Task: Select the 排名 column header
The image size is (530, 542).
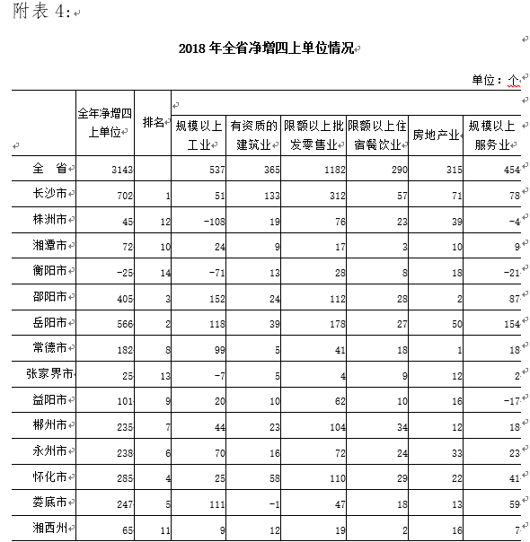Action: click(155, 122)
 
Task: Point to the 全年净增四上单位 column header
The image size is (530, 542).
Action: click(104, 123)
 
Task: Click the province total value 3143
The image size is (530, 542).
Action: click(121, 169)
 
